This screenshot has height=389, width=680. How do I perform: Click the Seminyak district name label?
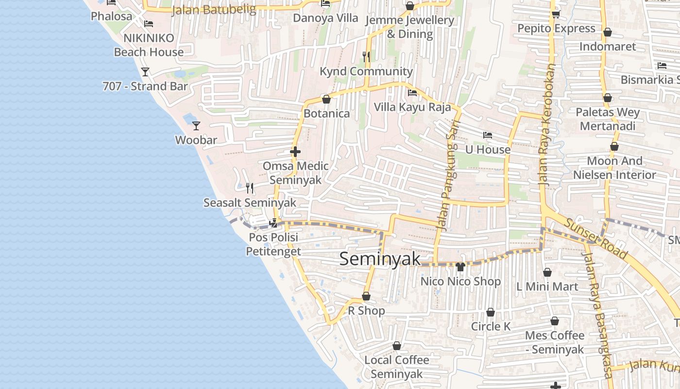380,259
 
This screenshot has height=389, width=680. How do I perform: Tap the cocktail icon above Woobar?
196,126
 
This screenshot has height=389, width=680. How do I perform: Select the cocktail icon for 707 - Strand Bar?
145,72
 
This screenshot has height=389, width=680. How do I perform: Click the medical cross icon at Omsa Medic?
295,152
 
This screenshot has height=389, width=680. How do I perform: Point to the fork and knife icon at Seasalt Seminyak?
250,188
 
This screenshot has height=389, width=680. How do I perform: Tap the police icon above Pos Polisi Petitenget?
273,223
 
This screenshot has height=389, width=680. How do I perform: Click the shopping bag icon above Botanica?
326,99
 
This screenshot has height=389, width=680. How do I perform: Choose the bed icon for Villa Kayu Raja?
412,92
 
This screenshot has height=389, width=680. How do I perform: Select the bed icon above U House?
488,135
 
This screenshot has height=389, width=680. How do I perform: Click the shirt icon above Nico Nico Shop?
460,267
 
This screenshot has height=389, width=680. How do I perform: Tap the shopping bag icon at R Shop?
366,296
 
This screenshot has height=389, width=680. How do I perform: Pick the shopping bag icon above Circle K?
491,312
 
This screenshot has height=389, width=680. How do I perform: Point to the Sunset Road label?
595,237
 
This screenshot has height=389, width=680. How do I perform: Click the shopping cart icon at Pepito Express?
556,14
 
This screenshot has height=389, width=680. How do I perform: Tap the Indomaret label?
607,47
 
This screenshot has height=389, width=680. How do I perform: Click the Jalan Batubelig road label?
214,10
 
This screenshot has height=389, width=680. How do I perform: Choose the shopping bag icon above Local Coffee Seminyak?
397,346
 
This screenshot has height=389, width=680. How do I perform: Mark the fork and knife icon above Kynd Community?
366,57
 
